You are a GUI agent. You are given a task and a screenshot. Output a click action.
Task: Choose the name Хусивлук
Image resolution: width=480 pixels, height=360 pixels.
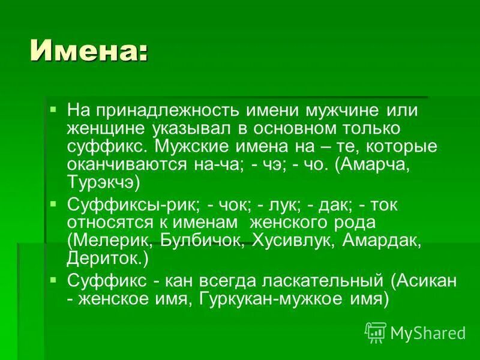click(x=287, y=241)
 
